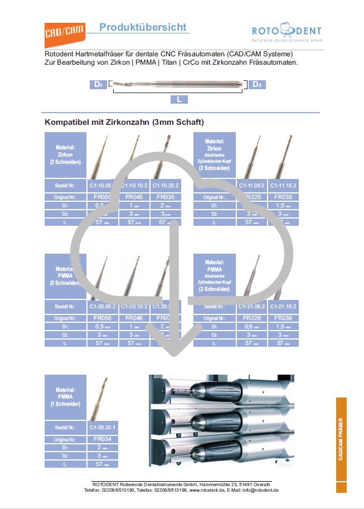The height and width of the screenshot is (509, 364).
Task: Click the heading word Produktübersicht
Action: point(143,27)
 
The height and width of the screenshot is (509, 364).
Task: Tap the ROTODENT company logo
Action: point(287,33)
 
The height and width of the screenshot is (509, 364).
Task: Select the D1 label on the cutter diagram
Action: point(98,84)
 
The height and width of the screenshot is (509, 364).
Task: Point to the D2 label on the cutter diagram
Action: point(257,84)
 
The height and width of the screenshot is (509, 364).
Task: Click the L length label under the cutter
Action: point(179,99)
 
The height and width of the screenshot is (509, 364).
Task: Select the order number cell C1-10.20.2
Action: point(166,186)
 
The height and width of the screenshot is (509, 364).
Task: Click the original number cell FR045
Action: point(134,197)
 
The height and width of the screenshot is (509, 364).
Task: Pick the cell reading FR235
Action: point(283,197)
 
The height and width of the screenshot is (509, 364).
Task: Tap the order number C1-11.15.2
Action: point(283,186)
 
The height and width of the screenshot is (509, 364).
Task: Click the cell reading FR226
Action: point(252,318)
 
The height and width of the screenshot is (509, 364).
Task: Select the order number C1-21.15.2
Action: point(283,307)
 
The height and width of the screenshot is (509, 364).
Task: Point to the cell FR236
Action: point(283,318)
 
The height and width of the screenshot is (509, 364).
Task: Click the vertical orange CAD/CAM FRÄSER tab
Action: point(341,445)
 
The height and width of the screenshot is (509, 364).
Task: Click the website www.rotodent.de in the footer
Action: point(206,490)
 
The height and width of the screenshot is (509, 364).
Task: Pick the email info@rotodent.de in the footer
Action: point(260,490)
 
